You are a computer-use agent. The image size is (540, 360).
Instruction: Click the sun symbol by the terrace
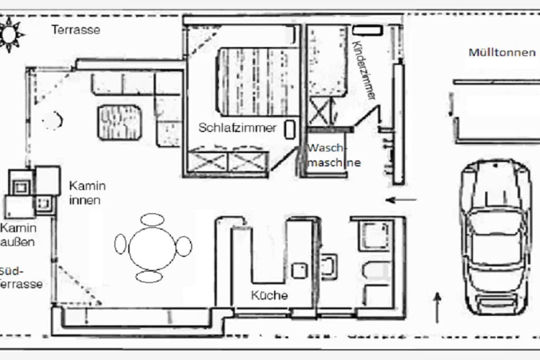point(9,34)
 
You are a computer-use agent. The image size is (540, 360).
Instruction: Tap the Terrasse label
point(76,30)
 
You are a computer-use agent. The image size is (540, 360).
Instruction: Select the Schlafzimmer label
point(238,128)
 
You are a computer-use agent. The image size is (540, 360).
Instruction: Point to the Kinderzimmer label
point(364,70)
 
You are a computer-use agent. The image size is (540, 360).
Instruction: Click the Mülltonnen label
point(502,53)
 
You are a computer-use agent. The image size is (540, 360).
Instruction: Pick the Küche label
point(269,295)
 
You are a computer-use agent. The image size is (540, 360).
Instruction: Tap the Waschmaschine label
point(334,155)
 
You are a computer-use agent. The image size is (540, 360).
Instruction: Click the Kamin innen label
point(88,193)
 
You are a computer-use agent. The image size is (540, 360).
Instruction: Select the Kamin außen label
point(18,235)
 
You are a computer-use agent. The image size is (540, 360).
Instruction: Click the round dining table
point(152,248)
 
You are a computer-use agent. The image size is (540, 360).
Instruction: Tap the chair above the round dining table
point(152,219)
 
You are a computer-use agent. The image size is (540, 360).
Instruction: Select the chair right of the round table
point(184,246)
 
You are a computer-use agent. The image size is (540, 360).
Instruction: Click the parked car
point(495,238)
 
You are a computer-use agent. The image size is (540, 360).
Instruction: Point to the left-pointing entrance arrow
point(401,200)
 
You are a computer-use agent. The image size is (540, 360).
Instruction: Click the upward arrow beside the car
point(437,308)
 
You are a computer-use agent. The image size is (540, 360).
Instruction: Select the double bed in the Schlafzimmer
point(257,82)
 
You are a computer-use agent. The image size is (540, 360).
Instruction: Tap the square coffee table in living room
point(120,122)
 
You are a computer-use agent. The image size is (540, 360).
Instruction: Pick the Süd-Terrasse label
point(21,277)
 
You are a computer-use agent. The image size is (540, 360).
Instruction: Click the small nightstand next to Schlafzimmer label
point(290,130)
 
